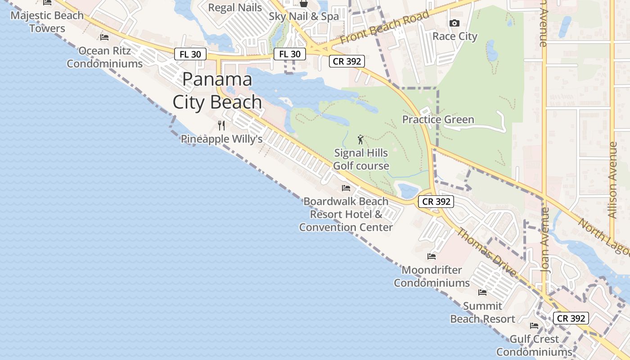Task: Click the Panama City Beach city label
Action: (x=217, y=91)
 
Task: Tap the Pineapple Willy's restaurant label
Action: (x=221, y=139)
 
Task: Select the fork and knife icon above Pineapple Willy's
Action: (x=221, y=125)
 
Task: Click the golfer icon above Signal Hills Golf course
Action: (x=360, y=139)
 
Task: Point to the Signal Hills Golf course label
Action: (x=361, y=159)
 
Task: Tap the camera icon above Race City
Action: (x=454, y=23)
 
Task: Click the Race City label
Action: (x=454, y=36)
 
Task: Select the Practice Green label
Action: (x=438, y=120)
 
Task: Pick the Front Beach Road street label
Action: (x=384, y=27)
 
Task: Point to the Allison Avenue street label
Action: (x=612, y=180)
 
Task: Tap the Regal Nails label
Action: (x=235, y=8)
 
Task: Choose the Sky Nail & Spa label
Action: (x=304, y=17)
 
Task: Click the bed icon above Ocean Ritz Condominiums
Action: (x=104, y=37)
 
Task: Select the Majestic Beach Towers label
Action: (x=47, y=22)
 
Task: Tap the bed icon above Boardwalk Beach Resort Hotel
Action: (x=346, y=188)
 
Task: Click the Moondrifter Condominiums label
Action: (x=432, y=276)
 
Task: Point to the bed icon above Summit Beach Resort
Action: (x=482, y=292)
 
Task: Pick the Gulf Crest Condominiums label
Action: (x=534, y=345)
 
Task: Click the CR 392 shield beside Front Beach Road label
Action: (x=346, y=61)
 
